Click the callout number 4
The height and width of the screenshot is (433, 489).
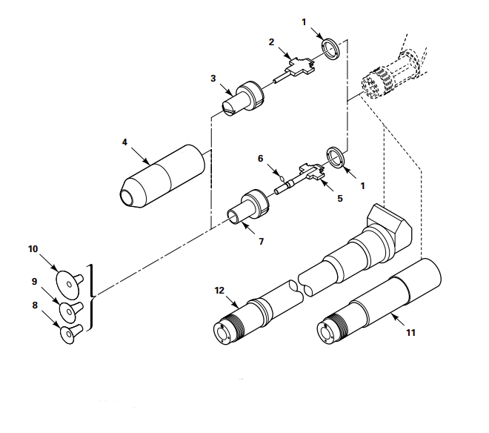coord(124,142)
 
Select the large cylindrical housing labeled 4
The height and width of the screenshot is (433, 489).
coord(162,176)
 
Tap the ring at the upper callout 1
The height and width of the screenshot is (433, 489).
coord(331,49)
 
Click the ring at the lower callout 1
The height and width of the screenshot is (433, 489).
coord(336,157)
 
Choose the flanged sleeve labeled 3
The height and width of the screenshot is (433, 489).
coord(243,99)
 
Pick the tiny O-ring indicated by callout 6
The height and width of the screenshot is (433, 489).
coord(282,179)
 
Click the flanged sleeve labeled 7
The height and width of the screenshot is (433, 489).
coord(248,207)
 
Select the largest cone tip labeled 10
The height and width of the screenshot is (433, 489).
coord(69,283)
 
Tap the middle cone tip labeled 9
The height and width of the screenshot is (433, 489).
coord(71,311)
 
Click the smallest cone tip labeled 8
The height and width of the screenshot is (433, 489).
coord(71,334)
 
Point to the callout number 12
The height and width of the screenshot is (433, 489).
coord(219,291)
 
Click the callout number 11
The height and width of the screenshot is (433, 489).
coord(410,332)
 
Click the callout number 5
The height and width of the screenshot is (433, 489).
coord(340,198)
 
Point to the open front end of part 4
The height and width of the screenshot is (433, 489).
coord(128,196)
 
